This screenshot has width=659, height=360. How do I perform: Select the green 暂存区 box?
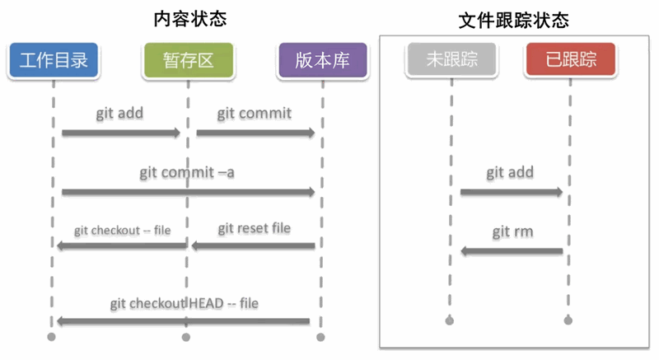(x=187, y=59)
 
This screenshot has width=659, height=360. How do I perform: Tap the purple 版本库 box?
(x=321, y=59)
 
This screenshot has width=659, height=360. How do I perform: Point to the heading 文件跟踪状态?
(x=513, y=20)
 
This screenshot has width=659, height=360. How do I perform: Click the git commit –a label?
(x=187, y=172)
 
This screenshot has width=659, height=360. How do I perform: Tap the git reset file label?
(x=254, y=227)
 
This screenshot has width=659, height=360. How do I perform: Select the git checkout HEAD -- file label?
(x=184, y=303)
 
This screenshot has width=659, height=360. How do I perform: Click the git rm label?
(x=512, y=231)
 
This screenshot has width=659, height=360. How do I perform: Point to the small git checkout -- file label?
(x=122, y=230)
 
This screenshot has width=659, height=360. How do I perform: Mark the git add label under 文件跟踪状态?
(x=509, y=172)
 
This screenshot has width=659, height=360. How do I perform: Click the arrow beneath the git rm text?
(x=511, y=250)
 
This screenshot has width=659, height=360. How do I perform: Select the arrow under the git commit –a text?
(x=188, y=192)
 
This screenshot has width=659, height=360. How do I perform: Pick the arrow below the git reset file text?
(x=253, y=245)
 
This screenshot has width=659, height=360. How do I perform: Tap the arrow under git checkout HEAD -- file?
(x=183, y=321)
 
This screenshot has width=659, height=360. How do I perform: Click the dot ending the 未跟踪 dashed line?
(x=450, y=320)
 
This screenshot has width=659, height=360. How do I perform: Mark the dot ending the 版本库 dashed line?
(x=321, y=337)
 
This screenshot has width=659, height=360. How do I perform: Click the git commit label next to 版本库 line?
(x=254, y=113)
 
